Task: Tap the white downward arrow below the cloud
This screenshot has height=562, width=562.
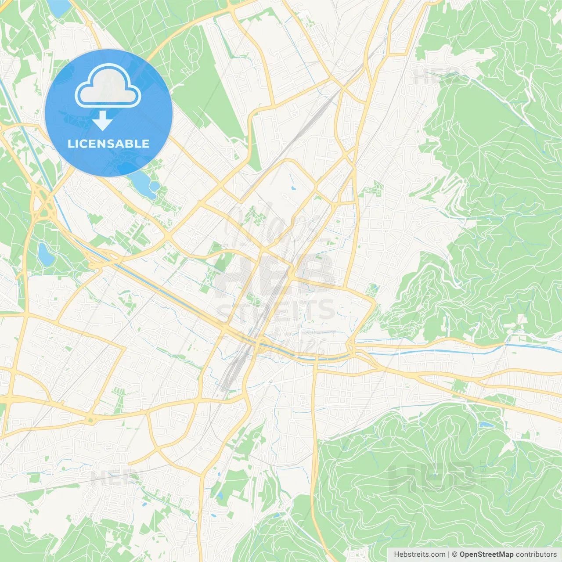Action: pos(102,121)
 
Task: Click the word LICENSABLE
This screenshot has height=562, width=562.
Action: pos(108,144)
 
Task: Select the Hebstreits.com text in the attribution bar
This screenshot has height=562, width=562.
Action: pos(419,555)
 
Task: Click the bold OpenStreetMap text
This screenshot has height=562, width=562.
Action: pos(486,555)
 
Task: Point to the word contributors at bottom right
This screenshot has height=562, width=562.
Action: pos(536,555)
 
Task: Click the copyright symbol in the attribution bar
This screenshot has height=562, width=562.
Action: pos(454,555)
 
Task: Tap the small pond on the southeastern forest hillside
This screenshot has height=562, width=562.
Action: pos(486,425)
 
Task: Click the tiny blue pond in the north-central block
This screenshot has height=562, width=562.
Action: pos(293,189)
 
